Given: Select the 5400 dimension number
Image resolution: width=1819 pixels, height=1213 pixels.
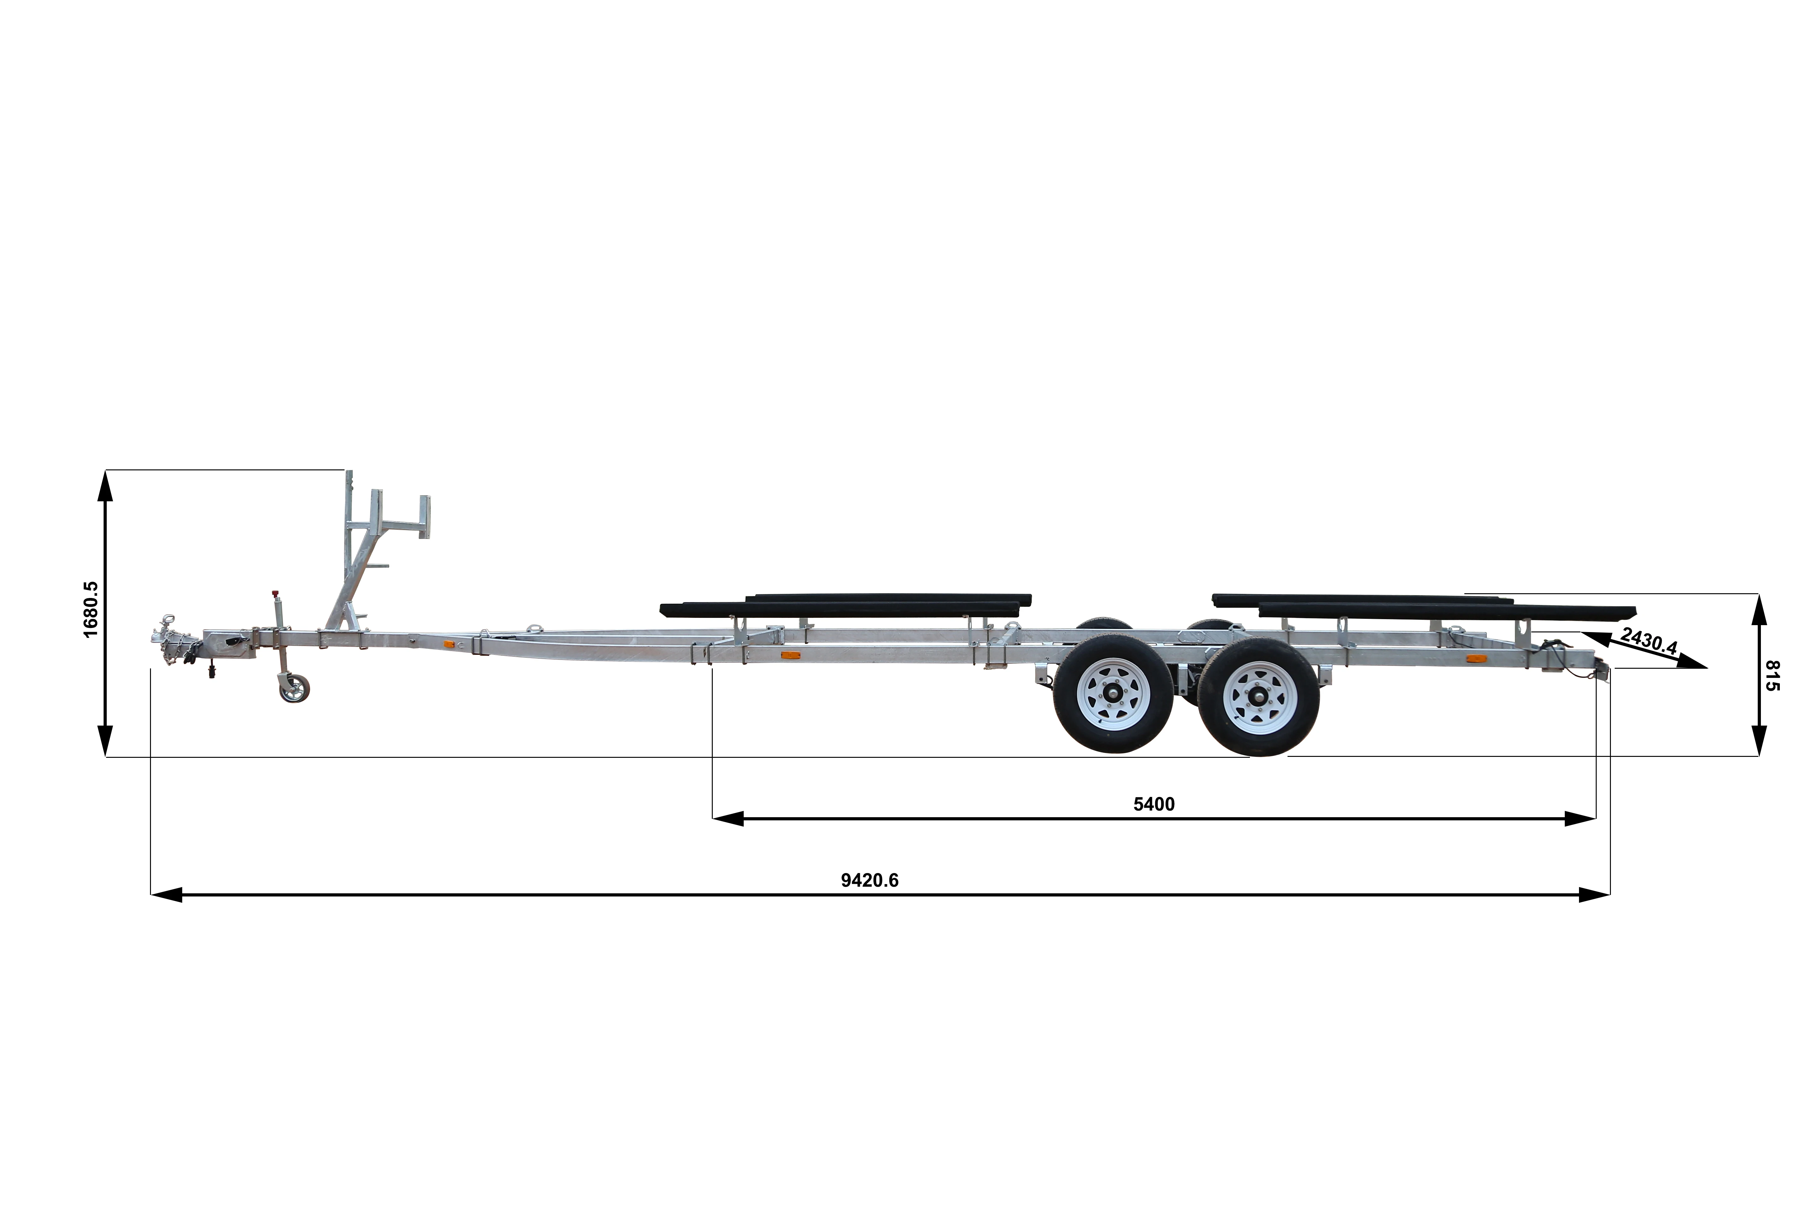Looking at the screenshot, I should (x=1154, y=804).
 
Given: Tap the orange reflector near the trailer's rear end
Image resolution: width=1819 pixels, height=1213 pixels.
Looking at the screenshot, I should (x=1476, y=659).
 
